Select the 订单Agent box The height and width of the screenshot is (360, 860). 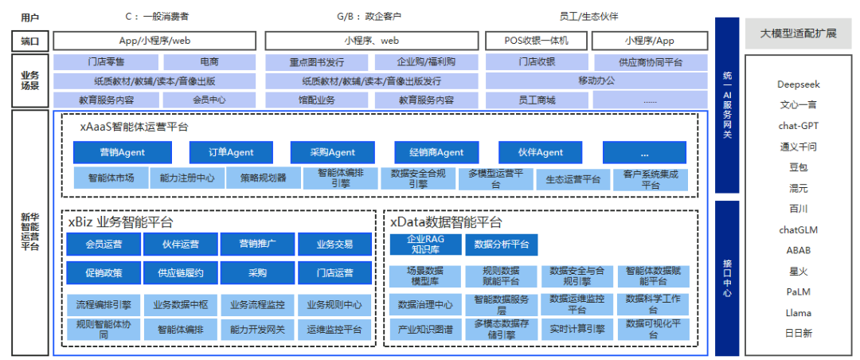point(231,152)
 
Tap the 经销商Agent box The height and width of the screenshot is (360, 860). point(436,152)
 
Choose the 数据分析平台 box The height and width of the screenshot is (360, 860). point(501,244)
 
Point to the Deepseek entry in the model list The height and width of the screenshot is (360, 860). point(798,84)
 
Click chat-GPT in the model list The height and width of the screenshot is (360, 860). point(798,126)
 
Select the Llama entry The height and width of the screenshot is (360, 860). point(798,313)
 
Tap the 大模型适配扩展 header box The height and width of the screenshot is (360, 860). point(798,33)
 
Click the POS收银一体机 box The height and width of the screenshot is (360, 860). point(536,41)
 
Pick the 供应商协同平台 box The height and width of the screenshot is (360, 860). point(650,62)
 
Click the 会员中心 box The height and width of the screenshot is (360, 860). point(209,100)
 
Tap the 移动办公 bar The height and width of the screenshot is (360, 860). point(596,80)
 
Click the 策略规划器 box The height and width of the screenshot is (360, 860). point(263,178)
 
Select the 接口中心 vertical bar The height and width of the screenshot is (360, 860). point(727,277)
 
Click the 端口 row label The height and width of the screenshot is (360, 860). point(29,41)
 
